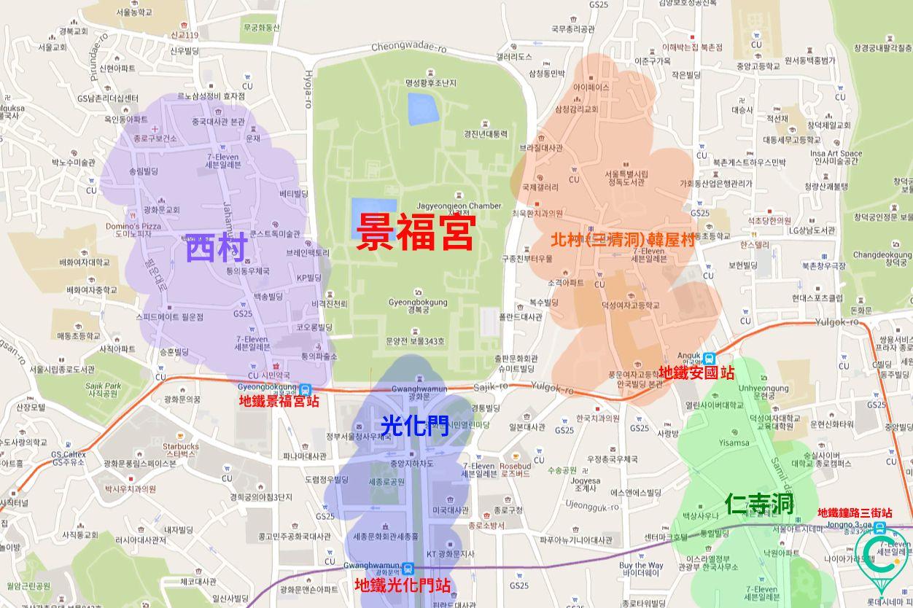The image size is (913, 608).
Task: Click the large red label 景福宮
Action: pos(416,233)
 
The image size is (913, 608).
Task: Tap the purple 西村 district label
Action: pos(217,248)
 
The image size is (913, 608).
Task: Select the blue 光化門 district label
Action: pos(415,425)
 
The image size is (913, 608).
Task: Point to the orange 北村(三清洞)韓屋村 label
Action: pos(623,239)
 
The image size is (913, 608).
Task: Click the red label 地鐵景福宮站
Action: pos(279,401)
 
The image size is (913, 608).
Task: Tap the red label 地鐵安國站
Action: pos(696,373)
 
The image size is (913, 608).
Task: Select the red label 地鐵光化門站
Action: pos(402,585)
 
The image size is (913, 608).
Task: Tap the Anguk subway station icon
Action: pos(710,358)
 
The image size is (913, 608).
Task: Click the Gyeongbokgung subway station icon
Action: pos(305,389)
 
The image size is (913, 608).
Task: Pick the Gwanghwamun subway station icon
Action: pos(408,568)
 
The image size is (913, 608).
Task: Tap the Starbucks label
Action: pos(180,446)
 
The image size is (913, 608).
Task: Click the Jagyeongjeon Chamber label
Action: pos(459,206)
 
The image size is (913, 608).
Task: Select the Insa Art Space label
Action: pos(836,153)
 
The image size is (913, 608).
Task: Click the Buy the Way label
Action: pos(641,565)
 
